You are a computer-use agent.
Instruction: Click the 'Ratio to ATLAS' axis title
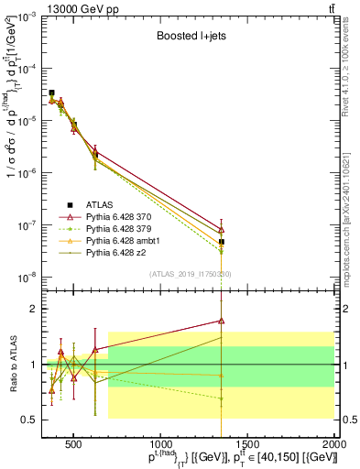[x=14, y=364]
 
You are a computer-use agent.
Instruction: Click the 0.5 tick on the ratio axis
[x=31, y=420]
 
